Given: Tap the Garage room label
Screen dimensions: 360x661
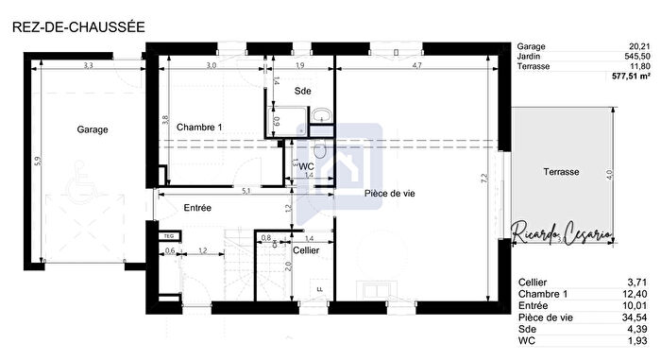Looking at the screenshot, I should [93, 129].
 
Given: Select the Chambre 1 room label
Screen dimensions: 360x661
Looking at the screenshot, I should [199, 127].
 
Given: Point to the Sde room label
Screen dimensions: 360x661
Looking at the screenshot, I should [302, 91].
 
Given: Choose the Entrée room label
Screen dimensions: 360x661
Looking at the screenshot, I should [197, 207].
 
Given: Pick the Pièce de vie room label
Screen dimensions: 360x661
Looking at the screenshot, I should [390, 194].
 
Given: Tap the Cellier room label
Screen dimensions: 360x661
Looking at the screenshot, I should [305, 250].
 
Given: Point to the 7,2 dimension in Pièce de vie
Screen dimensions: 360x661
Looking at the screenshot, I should [483, 178].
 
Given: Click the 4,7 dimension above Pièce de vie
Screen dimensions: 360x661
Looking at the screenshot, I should [416, 66].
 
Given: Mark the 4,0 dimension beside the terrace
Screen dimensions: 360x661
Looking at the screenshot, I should [610, 173].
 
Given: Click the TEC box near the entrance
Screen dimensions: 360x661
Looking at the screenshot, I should [169, 235].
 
